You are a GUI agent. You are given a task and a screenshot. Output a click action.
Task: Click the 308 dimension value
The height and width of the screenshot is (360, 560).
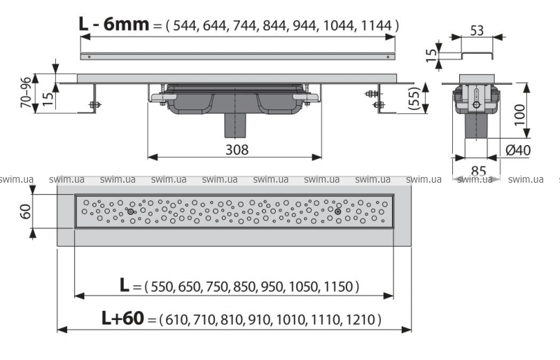(x=237, y=150)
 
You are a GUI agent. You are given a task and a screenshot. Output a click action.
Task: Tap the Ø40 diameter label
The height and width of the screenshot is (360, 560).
(x=518, y=150)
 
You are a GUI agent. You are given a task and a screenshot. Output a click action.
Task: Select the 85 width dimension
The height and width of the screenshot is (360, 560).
(x=479, y=171)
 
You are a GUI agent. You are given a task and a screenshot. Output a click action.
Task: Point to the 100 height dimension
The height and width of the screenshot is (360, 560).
(x=520, y=114)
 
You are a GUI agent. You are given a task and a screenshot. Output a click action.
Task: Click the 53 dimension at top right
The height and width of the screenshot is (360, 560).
(x=477, y=31)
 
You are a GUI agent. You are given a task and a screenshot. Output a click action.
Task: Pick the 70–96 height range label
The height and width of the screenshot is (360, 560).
(x=27, y=92)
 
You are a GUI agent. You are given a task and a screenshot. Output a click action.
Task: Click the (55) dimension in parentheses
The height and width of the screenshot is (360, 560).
(x=414, y=97)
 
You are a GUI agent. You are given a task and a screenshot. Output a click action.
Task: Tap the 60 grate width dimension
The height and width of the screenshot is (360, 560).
(x=25, y=212)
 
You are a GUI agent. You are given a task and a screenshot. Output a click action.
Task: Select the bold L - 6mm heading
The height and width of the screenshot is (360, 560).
(x=113, y=25)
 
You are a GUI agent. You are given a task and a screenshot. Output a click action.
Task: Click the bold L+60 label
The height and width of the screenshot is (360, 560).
(x=123, y=318)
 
